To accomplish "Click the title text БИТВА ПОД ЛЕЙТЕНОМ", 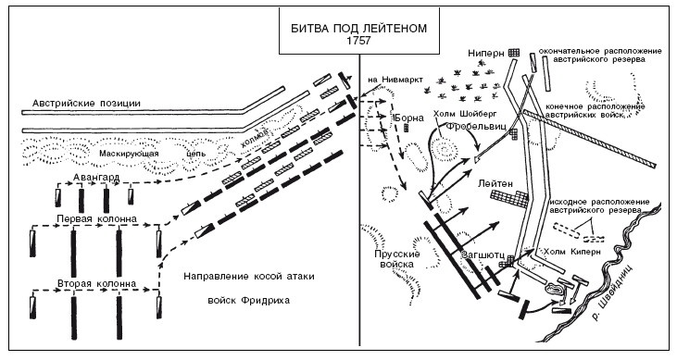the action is (x=358, y=29).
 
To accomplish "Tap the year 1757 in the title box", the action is (x=358, y=41).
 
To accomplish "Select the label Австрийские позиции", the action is (x=87, y=104).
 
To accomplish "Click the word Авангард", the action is (x=96, y=178).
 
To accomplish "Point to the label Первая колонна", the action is (x=96, y=218).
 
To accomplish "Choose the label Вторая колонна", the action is (x=96, y=283).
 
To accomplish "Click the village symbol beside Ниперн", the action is (x=514, y=53).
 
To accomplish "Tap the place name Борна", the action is (x=409, y=118).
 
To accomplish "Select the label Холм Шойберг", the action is (x=466, y=114).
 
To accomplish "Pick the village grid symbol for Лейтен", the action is (x=509, y=199).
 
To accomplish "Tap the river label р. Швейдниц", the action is (x=613, y=292).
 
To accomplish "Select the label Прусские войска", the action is (x=396, y=259).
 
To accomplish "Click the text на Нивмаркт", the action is (x=395, y=80).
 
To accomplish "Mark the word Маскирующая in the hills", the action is (x=129, y=154).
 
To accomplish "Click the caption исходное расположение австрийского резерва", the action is (x=599, y=205).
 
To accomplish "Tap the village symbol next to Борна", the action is (x=407, y=128).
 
